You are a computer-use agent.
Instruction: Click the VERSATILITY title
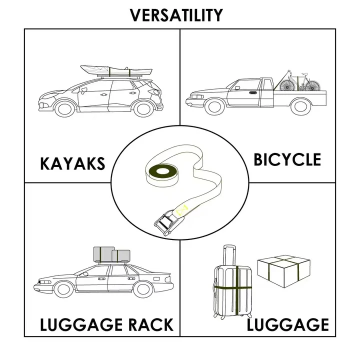(176, 15)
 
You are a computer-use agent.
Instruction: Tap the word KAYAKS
(72, 163)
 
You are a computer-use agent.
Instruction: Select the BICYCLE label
(287, 159)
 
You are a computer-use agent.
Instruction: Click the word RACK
(150, 324)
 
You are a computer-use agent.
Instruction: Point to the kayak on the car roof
(116, 70)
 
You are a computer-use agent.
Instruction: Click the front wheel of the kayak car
(64, 108)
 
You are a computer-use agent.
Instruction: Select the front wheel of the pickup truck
(214, 106)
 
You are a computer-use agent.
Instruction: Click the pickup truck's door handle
(253, 93)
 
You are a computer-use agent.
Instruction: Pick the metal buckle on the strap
(165, 222)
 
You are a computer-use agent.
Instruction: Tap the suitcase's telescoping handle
(229, 255)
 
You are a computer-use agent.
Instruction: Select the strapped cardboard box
(284, 271)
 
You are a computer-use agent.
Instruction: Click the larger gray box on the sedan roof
(104, 254)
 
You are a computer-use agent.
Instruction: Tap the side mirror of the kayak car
(83, 90)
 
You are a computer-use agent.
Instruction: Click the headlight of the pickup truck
(197, 96)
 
